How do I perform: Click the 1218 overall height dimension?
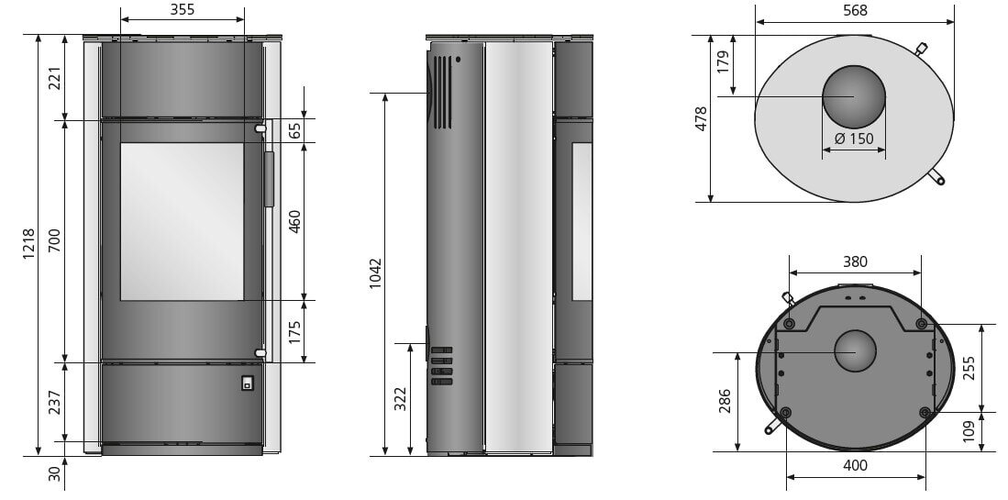[28, 245]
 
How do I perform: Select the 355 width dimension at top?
[182, 10]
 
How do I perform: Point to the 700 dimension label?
[55, 241]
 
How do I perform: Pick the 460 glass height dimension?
[294, 221]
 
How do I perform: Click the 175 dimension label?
[294, 331]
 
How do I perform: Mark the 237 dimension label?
[55, 404]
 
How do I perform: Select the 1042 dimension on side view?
[374, 273]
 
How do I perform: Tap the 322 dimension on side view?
[400, 399]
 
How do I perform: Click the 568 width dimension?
[853, 10]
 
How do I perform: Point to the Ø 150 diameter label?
[854, 139]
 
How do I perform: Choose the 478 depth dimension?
[701, 119]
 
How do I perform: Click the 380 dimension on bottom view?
[855, 261]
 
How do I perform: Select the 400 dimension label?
[854, 465]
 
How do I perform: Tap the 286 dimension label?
[725, 402]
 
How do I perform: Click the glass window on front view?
[182, 221]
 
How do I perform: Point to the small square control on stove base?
[246, 383]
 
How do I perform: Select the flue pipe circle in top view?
[854, 97]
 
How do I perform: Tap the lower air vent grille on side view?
[441, 366]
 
